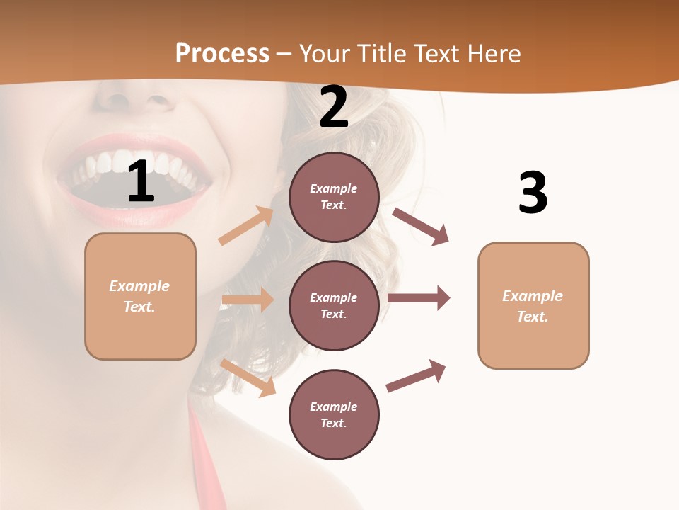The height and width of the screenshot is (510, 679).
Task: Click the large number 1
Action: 141,181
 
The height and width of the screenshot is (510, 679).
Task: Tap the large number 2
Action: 334,108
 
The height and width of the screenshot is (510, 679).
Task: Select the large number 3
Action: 533,193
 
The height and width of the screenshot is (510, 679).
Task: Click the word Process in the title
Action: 222,53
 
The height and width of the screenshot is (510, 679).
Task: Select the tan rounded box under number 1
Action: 140,296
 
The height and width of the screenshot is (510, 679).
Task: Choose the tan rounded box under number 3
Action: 533,306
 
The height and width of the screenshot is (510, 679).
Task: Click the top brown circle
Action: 334,197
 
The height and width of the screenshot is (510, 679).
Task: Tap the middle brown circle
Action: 334,305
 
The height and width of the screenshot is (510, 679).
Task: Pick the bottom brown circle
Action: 334,414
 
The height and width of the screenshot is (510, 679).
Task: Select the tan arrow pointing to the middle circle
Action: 248,300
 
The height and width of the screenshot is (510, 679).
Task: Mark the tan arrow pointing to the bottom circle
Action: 248,378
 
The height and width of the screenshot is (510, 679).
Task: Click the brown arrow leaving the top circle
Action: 420,226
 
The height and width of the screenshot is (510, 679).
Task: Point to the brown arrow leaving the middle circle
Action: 419,298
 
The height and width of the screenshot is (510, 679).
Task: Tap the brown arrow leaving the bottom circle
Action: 416,375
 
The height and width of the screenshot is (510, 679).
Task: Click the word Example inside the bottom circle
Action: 334,407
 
